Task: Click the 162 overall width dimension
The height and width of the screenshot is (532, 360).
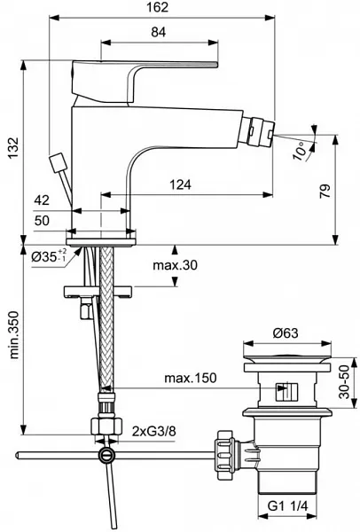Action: pyautogui.click(x=157, y=7)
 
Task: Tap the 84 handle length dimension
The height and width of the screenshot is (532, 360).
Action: pyautogui.click(x=159, y=32)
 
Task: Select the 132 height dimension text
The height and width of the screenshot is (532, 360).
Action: pyautogui.click(x=13, y=147)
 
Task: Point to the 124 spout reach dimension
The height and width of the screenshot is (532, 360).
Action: pyautogui.click(x=180, y=184)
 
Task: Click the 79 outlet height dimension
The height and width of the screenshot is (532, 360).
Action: pyautogui.click(x=325, y=191)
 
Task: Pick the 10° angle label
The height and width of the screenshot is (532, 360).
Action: pyautogui.click(x=301, y=151)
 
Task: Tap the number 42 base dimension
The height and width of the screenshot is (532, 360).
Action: pyautogui.click(x=42, y=200)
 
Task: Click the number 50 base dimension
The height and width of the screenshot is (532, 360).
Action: pyautogui.click(x=42, y=221)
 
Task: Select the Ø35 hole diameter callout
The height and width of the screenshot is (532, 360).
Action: pyautogui.click(x=49, y=257)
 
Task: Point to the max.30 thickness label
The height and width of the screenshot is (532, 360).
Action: pyautogui.click(x=175, y=265)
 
